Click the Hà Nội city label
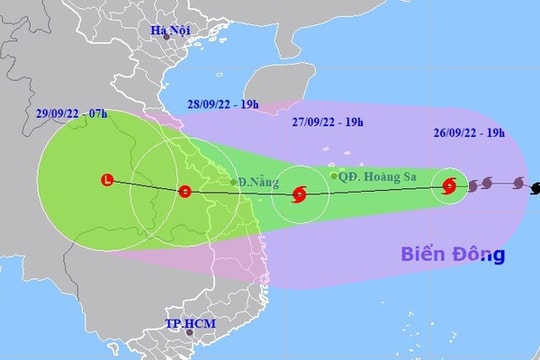(x=170, y=31)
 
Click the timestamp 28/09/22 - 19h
(x=221, y=105)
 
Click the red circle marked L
(x=108, y=181)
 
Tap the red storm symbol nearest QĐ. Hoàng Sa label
(x=298, y=195)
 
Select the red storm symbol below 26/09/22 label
(x=449, y=185)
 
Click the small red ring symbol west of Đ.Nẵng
(x=183, y=191)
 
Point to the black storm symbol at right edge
(x=535, y=185)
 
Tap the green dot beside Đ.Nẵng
(x=233, y=182)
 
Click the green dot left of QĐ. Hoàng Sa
(x=334, y=176)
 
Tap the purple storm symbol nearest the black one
(x=517, y=183)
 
